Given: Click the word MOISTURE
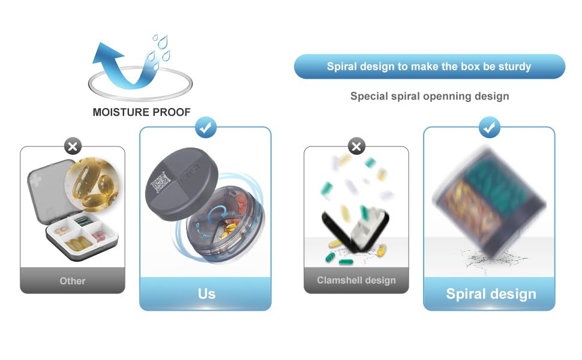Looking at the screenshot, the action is (121, 112).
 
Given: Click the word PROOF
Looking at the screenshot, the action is (172, 112).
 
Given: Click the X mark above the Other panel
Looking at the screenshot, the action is (73, 146).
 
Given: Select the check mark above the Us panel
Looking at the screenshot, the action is (206, 128).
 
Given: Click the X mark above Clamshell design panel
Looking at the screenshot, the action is (356, 146).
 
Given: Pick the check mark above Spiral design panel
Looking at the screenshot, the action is (489, 128).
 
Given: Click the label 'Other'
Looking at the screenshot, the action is (73, 281).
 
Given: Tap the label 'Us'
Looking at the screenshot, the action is (206, 294).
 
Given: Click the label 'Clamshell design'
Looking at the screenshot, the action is (356, 280).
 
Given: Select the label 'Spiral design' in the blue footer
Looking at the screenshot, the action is (491, 294).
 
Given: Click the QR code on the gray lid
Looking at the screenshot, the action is (161, 182).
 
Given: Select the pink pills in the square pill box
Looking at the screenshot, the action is (98, 235).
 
